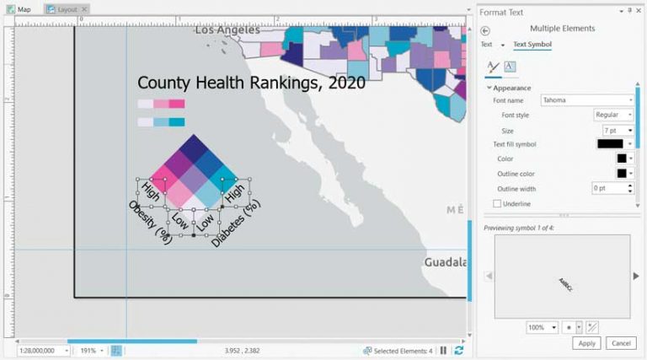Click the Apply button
tap(587, 343)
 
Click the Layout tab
tap(67, 8)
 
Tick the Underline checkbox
tap(497, 204)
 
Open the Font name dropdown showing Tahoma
tap(587, 100)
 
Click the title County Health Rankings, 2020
tap(251, 83)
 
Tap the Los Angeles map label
tap(227, 30)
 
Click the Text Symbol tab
tap(532, 45)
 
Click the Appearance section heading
tap(511, 88)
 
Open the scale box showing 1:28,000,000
tap(43, 350)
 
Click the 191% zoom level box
tap(90, 350)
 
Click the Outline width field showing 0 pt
tap(611, 188)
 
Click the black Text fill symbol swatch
tap(609, 144)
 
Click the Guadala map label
tap(445, 262)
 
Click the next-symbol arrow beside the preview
tap(636, 276)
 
